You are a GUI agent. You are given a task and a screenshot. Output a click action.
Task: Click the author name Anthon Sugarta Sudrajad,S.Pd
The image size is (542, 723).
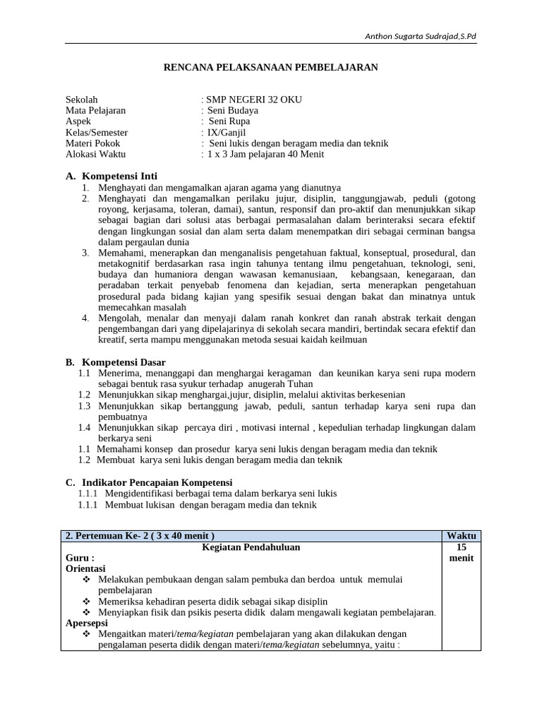(420, 36)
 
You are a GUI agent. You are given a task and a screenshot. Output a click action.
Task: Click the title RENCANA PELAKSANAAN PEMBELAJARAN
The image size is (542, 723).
(271, 68)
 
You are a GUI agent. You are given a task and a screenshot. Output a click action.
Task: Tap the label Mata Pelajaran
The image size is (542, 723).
(95, 110)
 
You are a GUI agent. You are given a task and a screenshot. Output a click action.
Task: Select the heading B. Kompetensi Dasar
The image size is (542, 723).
(115, 361)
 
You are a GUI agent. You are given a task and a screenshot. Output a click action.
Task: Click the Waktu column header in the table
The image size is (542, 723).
(461, 535)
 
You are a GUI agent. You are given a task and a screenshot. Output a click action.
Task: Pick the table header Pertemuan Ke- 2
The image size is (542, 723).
(140, 535)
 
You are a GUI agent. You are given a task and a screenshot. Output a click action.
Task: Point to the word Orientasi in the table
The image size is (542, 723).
(85, 568)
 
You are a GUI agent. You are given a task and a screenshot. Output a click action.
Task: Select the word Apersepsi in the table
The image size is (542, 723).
(86, 623)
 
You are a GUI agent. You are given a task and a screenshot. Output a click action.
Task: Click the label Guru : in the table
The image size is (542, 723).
(80, 557)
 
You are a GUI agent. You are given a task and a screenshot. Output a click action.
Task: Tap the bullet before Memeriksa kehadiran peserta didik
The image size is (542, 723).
(87, 601)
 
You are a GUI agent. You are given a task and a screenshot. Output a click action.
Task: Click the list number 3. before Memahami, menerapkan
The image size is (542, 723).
(85, 252)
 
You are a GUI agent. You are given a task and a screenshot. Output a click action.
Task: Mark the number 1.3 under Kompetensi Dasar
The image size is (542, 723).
(85, 406)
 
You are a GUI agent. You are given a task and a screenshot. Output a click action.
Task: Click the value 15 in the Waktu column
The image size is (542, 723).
(461, 546)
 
